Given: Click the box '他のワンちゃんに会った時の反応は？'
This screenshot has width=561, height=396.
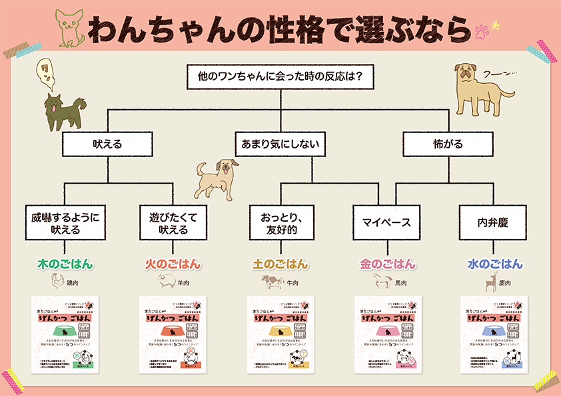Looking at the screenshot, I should [x=280, y=77].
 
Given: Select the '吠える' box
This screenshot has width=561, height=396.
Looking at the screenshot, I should [x=107, y=143].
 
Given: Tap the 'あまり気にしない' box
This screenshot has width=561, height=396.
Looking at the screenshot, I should [x=280, y=143].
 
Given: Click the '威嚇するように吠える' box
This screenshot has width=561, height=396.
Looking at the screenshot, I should [x=65, y=222].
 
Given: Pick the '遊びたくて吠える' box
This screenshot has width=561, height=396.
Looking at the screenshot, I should [x=173, y=222].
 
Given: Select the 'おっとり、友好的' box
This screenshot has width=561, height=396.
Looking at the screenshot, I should [x=280, y=222].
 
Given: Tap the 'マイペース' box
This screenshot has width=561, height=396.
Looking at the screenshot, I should [x=387, y=222].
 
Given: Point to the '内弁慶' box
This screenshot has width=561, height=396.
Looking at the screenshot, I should [x=494, y=222].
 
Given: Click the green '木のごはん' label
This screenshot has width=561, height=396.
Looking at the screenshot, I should [x=65, y=264].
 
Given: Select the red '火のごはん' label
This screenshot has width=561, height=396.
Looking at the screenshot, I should [x=173, y=264].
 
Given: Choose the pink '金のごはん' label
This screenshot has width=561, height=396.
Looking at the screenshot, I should [x=387, y=264].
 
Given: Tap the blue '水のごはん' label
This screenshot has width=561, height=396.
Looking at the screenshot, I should [x=494, y=264].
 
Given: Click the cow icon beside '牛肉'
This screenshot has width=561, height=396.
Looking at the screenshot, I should [x=272, y=282].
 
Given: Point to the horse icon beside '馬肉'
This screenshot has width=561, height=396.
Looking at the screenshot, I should [x=382, y=282].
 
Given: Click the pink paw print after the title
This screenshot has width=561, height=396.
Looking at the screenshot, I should [x=481, y=30].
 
